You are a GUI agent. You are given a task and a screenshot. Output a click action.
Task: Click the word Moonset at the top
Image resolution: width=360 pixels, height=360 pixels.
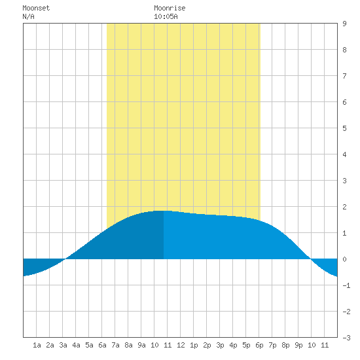point(36,8)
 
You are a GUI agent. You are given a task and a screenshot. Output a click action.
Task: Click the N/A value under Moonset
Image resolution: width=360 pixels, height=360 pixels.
point(28,16)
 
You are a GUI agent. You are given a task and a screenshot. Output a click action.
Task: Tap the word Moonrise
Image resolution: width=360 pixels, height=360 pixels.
point(170,8)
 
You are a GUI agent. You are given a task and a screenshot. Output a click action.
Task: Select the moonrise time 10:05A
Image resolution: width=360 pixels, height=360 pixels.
point(166,16)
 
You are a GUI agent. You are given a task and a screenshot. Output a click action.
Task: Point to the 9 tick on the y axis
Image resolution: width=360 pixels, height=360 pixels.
point(344,24)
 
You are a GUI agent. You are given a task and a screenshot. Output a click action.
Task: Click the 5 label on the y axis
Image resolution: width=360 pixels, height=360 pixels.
point(344,128)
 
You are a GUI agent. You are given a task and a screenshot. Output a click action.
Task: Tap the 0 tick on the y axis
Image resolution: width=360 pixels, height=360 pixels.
point(344,259)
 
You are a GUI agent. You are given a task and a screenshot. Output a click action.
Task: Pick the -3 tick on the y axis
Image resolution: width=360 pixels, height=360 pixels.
point(346,338)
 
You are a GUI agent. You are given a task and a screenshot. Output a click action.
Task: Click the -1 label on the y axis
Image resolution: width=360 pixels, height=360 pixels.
point(346,285)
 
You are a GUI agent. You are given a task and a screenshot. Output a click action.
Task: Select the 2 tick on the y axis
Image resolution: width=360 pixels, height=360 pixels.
point(344,207)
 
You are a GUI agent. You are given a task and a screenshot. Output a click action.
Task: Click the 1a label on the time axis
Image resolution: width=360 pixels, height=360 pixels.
point(37,345)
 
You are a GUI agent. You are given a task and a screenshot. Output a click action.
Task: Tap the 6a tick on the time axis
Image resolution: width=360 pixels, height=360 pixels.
point(102,345)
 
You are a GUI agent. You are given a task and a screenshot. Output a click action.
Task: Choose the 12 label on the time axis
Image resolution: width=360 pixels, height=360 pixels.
point(181,345)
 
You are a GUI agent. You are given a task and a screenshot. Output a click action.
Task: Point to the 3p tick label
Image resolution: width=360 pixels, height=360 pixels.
point(220,345)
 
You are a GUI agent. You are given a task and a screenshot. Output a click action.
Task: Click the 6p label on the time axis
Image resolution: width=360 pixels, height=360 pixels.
point(259,345)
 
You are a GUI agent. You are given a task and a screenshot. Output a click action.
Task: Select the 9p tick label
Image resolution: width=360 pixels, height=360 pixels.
point(298,345)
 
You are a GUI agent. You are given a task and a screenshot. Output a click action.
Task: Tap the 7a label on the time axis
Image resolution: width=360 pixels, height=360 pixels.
point(115,345)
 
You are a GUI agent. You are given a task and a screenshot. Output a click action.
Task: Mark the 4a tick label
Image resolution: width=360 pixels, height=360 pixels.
point(76,345)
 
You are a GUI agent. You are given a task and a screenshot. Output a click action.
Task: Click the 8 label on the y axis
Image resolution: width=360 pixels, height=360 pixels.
point(344,50)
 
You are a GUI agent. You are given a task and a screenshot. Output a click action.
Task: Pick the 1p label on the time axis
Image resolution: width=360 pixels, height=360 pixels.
point(194,345)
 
